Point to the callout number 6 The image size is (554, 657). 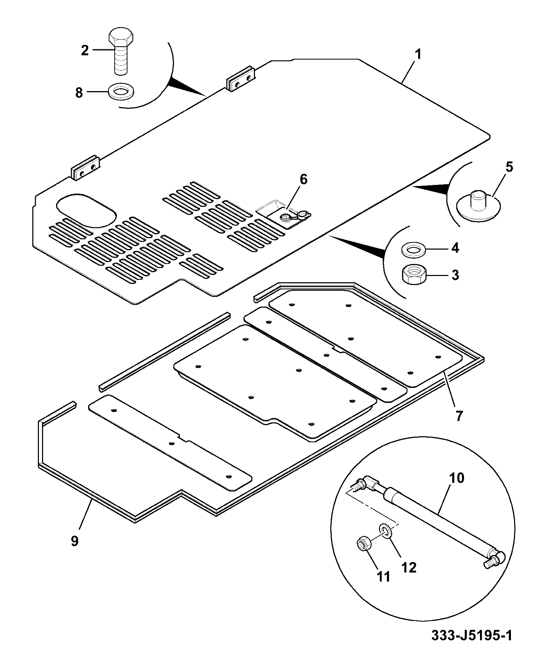[303, 180]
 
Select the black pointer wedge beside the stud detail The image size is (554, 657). [431, 189]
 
